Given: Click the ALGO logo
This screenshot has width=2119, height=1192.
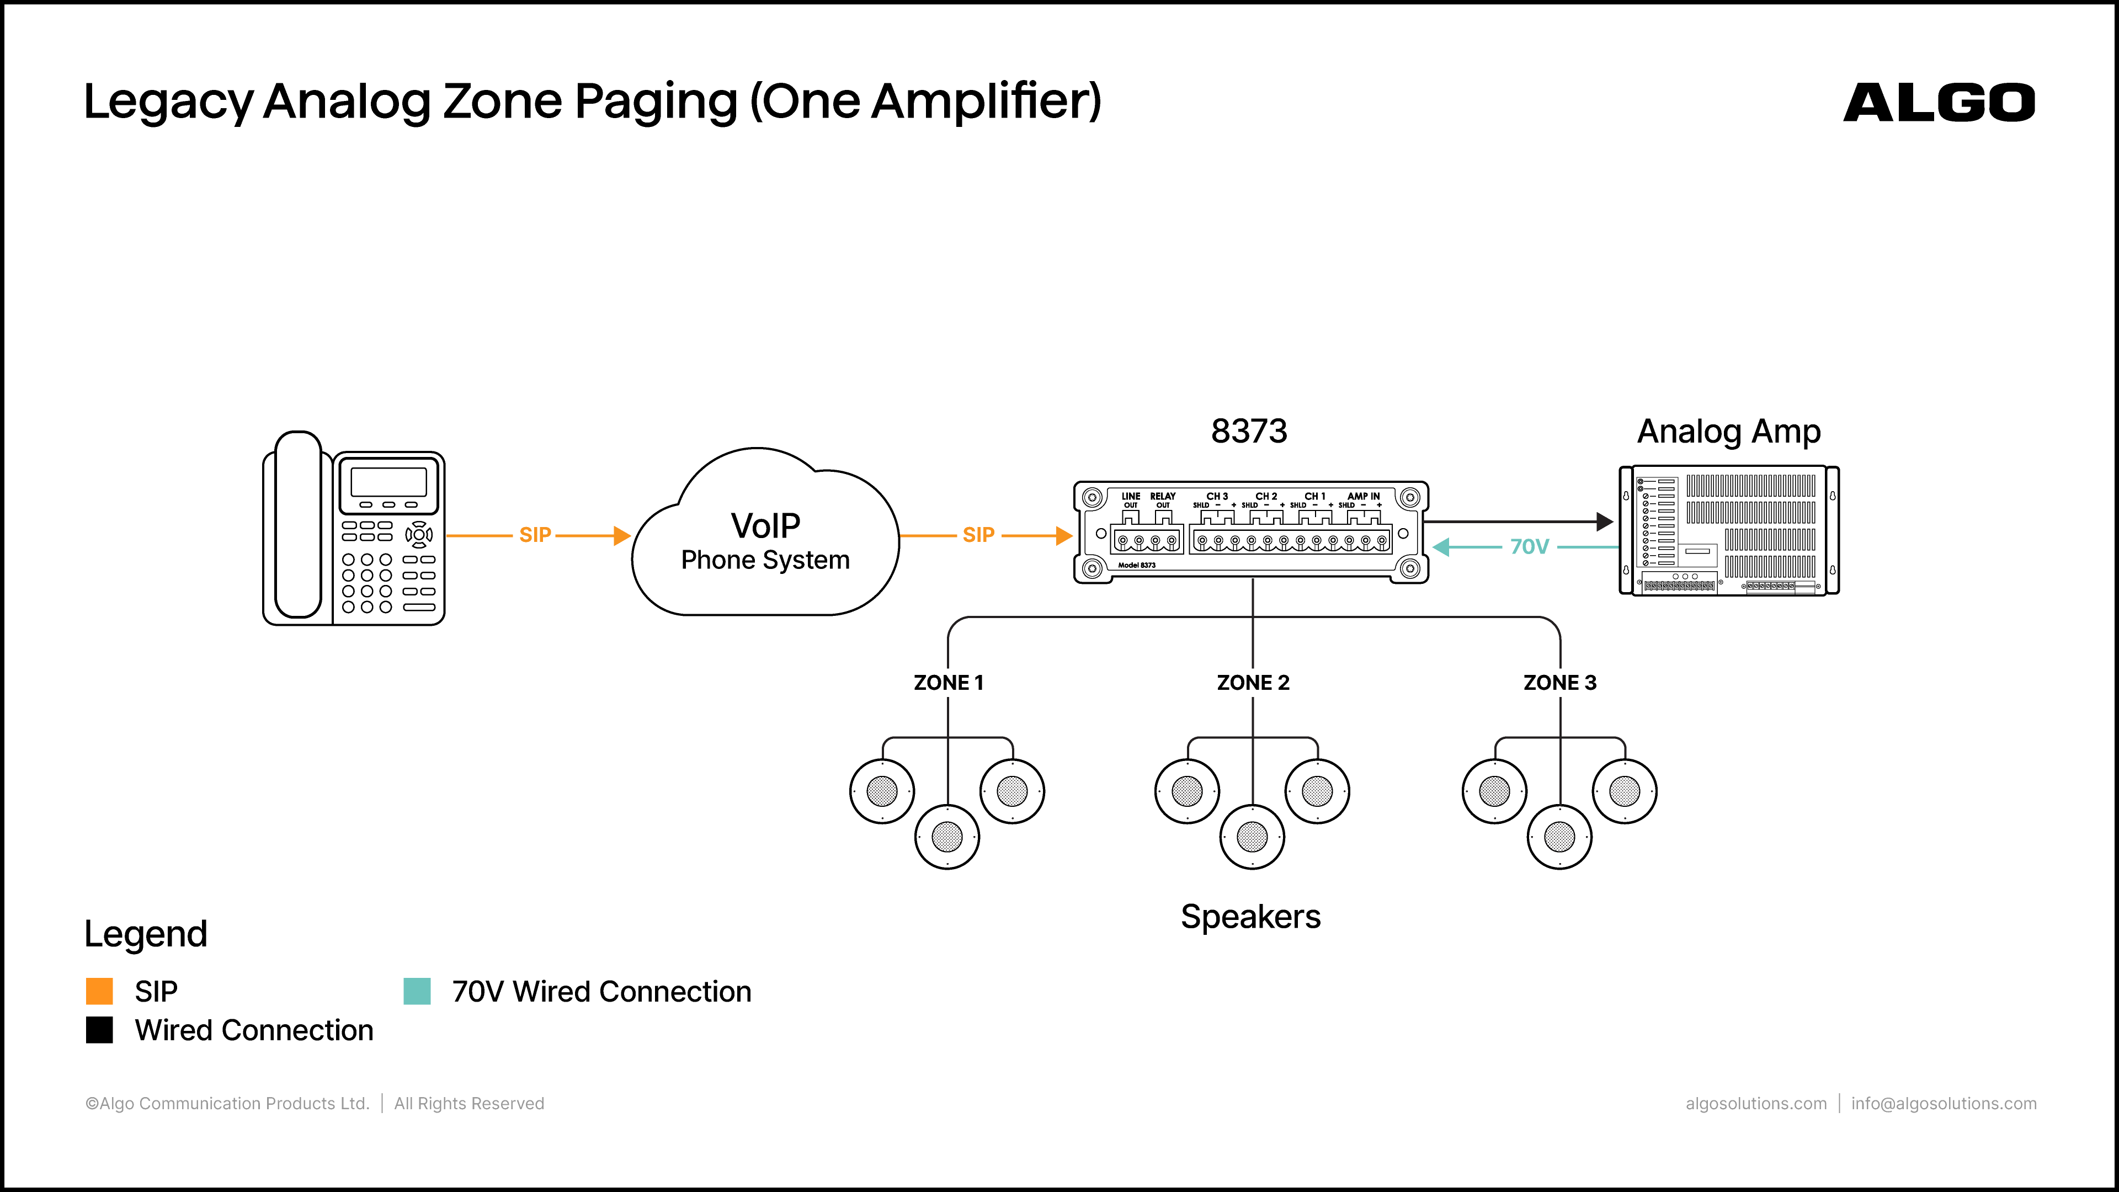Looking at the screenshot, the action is (1939, 103).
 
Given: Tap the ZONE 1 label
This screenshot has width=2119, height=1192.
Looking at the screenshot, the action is (949, 683).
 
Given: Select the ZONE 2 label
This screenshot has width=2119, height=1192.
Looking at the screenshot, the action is (1253, 683).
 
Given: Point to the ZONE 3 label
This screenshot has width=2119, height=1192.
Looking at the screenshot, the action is (1559, 683).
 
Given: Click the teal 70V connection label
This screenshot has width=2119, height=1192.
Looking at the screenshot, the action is (1529, 547).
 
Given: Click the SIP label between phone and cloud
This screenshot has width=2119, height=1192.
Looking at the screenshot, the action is (535, 535).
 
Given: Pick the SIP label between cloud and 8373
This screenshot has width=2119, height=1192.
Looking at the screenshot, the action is (978, 535).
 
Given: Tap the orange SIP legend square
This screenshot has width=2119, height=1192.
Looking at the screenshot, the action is (99, 991).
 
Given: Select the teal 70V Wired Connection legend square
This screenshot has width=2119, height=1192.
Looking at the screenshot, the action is (417, 991).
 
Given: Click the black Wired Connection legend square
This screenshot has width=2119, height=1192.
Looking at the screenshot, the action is (99, 1030).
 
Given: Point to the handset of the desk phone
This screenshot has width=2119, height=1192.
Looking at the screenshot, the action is (298, 525).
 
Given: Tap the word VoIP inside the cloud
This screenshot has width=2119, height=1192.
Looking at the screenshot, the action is (765, 526).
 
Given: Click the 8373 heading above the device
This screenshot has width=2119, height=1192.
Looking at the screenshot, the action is (1249, 431).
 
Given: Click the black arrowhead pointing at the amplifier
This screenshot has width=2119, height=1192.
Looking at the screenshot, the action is (1605, 521).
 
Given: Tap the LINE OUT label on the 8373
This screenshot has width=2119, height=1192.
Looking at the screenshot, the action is (1131, 500).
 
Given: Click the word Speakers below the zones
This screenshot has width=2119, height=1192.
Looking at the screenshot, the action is (1250, 917).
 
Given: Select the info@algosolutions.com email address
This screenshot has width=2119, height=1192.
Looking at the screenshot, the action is (1944, 1104).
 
